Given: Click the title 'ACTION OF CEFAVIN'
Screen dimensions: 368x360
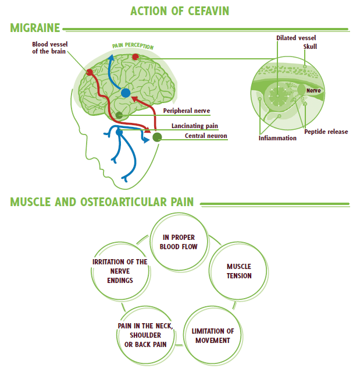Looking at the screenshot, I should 180,12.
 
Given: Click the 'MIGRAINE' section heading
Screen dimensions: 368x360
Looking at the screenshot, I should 35,28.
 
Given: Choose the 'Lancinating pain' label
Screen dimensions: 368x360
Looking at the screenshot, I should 195,126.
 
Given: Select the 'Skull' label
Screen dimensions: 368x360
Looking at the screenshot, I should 311,47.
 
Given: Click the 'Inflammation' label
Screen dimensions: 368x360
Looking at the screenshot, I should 277,138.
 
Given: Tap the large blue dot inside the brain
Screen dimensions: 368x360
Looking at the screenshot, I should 126,93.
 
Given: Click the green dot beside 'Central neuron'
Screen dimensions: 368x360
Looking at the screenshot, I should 157,137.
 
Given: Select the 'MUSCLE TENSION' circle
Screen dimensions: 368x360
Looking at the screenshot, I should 239,271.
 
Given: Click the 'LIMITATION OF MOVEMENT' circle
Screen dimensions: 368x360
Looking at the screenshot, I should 212,335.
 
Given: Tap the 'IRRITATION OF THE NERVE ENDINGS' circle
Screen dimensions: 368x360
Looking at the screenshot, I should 120,271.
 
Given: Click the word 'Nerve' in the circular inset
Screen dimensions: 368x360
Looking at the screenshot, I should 313,91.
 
